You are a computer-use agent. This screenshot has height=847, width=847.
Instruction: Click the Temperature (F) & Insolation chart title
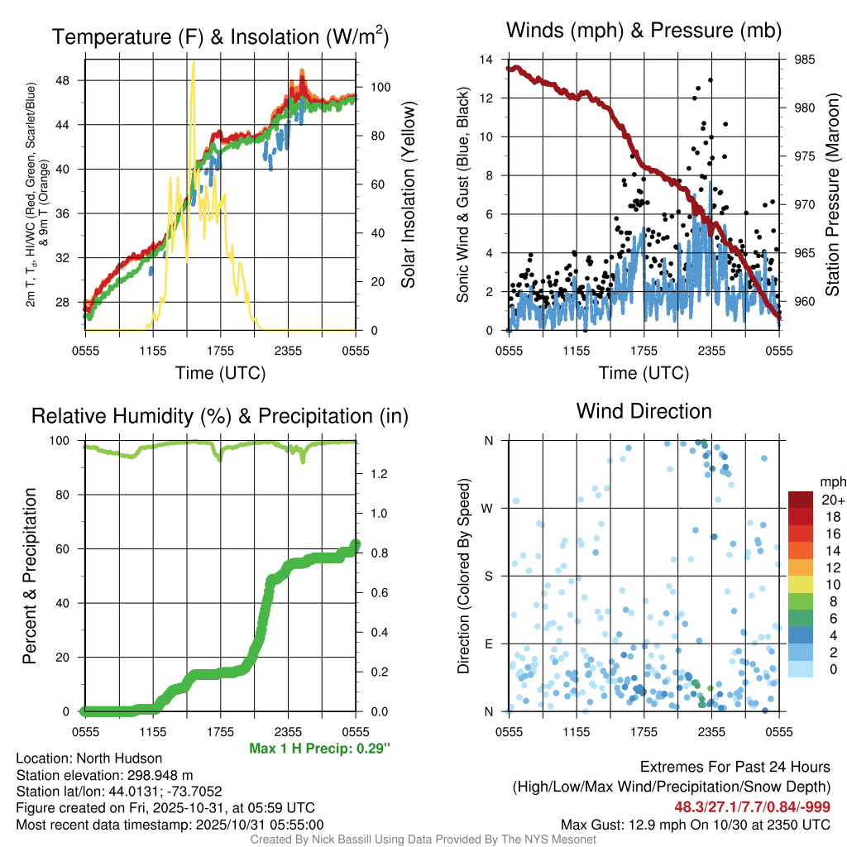pos(220,37)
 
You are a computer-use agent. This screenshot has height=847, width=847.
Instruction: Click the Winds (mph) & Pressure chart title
pos(644,31)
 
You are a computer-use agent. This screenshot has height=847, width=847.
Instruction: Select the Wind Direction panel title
pos(644,411)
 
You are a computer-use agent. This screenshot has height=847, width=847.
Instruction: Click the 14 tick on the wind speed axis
pos(487,60)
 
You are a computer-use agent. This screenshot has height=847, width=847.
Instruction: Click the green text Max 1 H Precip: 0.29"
pos(319,748)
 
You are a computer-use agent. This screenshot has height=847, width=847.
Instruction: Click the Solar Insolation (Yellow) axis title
pos(408,195)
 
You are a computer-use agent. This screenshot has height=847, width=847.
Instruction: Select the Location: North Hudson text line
pos(89,758)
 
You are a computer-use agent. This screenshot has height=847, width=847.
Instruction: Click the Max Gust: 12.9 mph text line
pos(695,824)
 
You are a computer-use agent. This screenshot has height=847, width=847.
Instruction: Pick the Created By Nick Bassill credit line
pos(423,840)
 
